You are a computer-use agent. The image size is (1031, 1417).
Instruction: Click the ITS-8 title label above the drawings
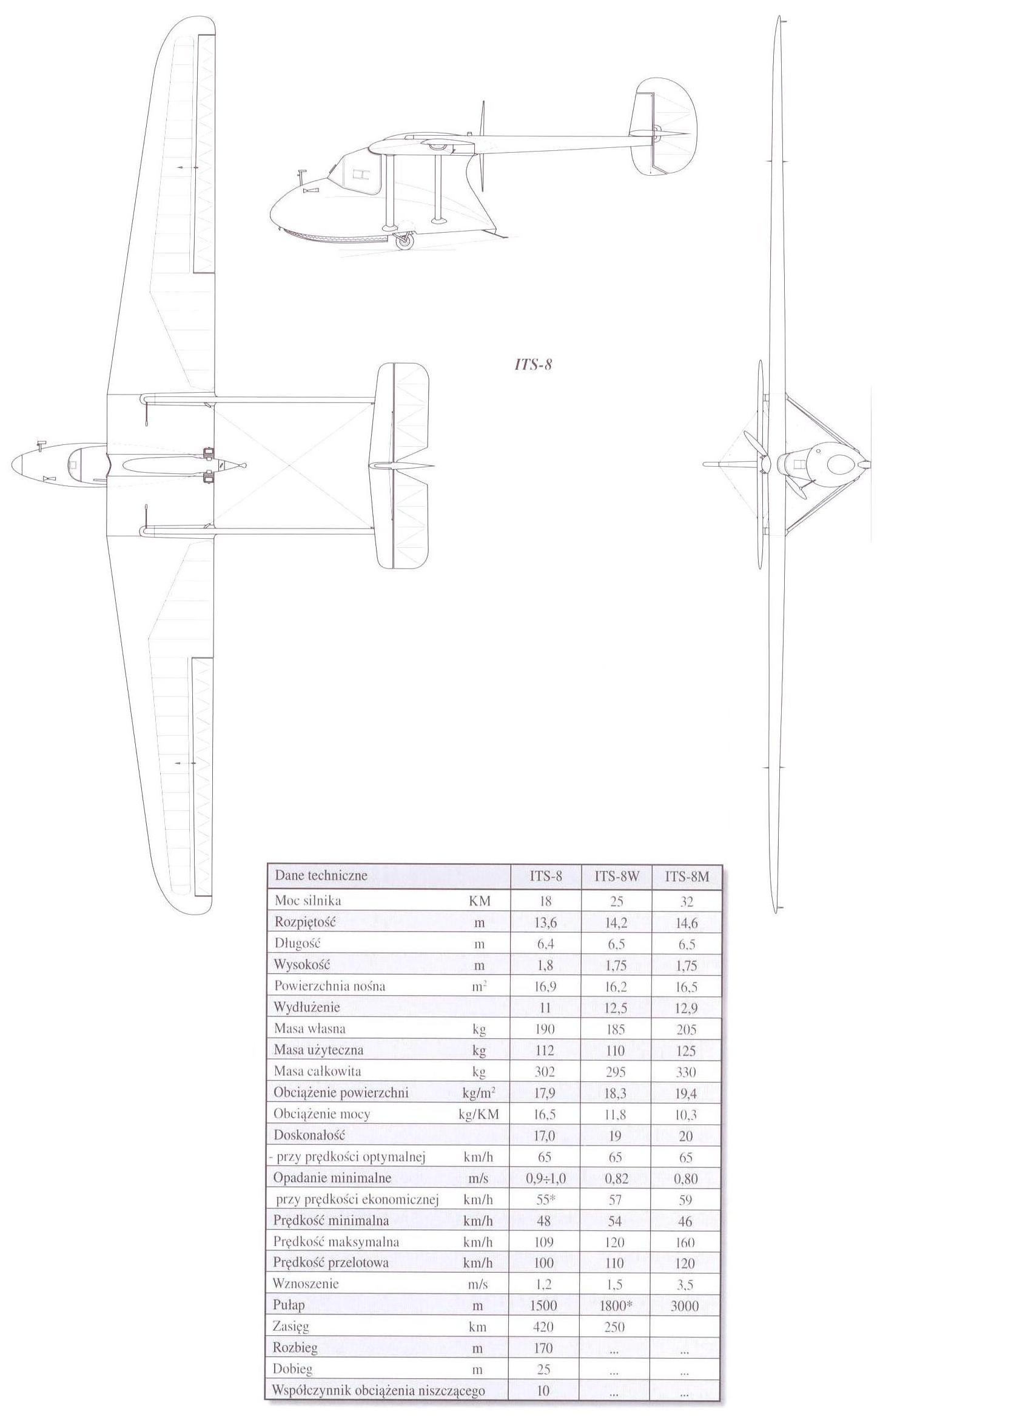532,365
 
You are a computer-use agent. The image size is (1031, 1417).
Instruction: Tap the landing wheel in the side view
408,240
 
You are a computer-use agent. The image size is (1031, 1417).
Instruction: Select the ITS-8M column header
687,876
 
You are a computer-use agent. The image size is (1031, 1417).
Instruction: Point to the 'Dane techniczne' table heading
321,875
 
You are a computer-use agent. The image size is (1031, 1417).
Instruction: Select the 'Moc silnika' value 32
686,902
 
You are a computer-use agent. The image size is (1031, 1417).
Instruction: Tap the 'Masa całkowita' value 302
544,1072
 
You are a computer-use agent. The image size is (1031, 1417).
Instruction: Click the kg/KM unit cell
480,1115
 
